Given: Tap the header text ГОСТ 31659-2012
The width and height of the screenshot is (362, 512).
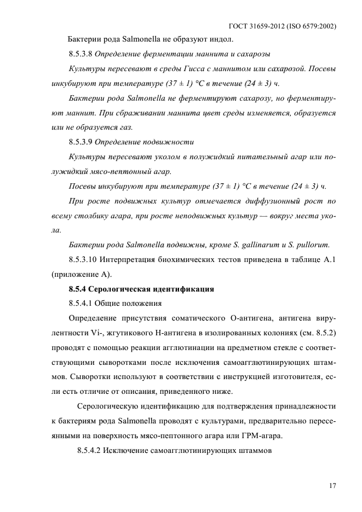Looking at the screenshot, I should (260, 26).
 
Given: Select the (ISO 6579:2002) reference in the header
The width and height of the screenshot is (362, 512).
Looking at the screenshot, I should (312, 26).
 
